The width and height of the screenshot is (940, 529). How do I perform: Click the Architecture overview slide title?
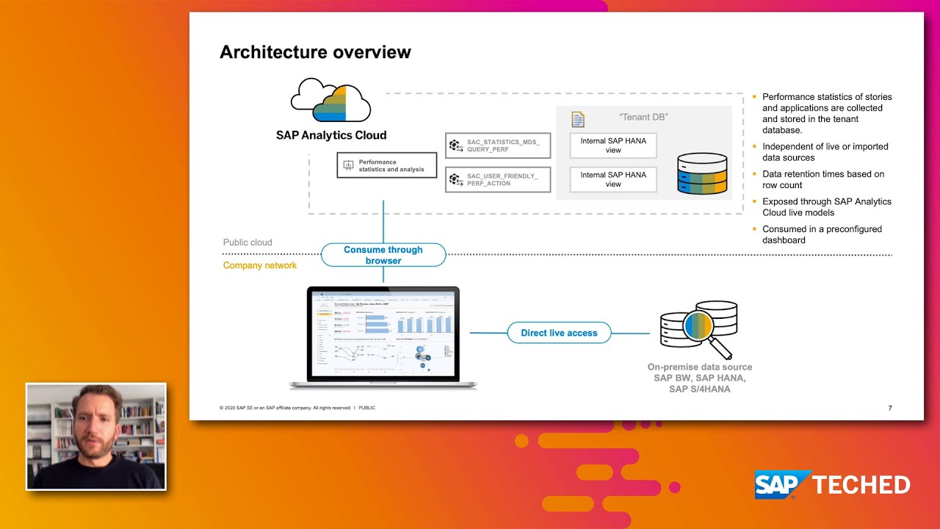click(x=315, y=52)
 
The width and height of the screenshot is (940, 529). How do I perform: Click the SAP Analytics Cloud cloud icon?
click(x=330, y=101)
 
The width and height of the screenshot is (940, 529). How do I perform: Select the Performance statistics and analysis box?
click(x=387, y=165)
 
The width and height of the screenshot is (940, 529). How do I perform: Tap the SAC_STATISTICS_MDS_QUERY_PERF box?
click(x=498, y=145)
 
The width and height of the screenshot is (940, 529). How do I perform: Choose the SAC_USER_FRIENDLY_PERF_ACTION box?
click(x=498, y=180)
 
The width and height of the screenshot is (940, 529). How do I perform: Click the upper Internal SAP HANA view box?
click(x=613, y=145)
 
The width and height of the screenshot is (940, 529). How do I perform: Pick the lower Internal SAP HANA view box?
click(x=613, y=179)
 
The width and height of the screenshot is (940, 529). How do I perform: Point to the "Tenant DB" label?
click(x=643, y=118)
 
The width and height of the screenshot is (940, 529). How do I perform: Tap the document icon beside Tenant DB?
click(x=578, y=120)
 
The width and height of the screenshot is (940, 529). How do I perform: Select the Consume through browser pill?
click(x=383, y=255)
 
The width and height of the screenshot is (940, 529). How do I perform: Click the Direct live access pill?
click(x=559, y=333)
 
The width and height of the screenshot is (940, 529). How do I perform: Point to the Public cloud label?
click(x=247, y=242)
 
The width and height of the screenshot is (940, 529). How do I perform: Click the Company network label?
click(x=260, y=265)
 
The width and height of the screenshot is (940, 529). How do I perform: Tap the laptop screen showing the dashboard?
click(x=383, y=334)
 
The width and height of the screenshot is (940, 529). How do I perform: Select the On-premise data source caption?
click(x=699, y=378)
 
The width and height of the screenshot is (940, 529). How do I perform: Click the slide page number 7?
click(x=890, y=408)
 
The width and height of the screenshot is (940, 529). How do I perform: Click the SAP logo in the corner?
click(x=782, y=485)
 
